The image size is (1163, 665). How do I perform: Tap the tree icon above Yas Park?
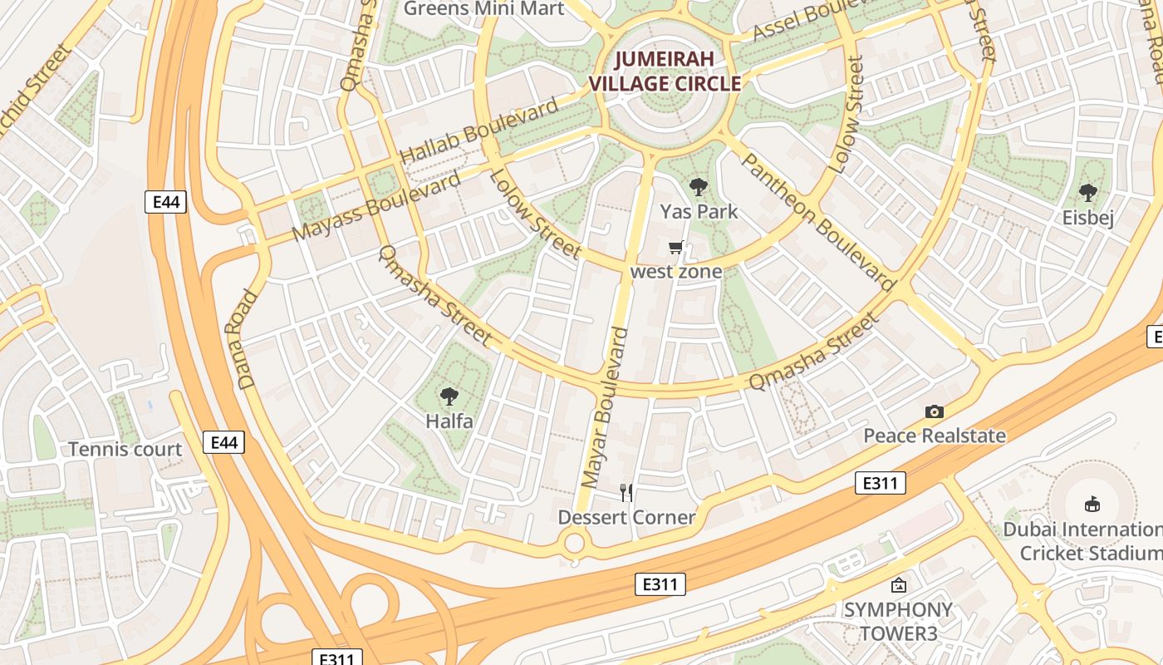pos(698,187)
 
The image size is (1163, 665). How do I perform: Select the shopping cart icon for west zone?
pos(676,248)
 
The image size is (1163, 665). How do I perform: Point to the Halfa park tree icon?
pos(449,397)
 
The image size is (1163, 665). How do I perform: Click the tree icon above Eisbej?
pos(1087,194)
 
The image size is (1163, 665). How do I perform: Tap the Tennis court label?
pos(125,450)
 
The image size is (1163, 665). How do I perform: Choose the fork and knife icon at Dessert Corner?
pos(626,493)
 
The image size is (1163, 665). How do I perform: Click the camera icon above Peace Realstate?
pos(935,411)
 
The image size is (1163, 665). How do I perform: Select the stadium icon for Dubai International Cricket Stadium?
pos(1092,504)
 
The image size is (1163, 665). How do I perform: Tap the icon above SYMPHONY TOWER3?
pos(898,585)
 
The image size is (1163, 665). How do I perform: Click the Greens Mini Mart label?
pos(483,9)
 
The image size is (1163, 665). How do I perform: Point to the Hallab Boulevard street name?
pos(479,132)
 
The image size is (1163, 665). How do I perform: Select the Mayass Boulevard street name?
pos(377,206)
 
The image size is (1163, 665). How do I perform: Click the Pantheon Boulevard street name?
pos(817,222)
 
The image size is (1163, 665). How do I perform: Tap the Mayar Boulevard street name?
pos(605,407)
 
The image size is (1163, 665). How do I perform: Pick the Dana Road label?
pos(248,339)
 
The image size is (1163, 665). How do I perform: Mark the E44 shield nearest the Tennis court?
pos(224,443)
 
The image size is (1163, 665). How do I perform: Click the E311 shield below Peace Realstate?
pos(880,483)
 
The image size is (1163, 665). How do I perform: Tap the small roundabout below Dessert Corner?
pos(574,544)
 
